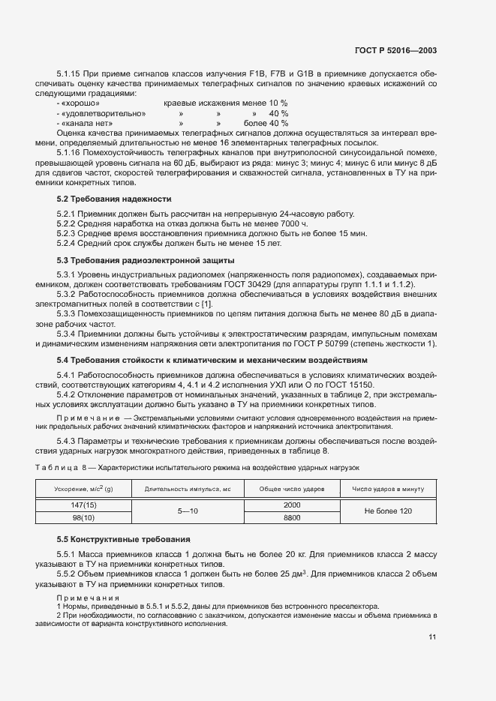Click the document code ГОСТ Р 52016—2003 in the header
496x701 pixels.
[395, 51]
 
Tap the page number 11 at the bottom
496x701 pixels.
[432, 637]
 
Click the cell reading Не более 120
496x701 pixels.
[388, 511]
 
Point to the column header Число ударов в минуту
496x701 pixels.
[388, 489]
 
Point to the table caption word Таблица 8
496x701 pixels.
[62, 466]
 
